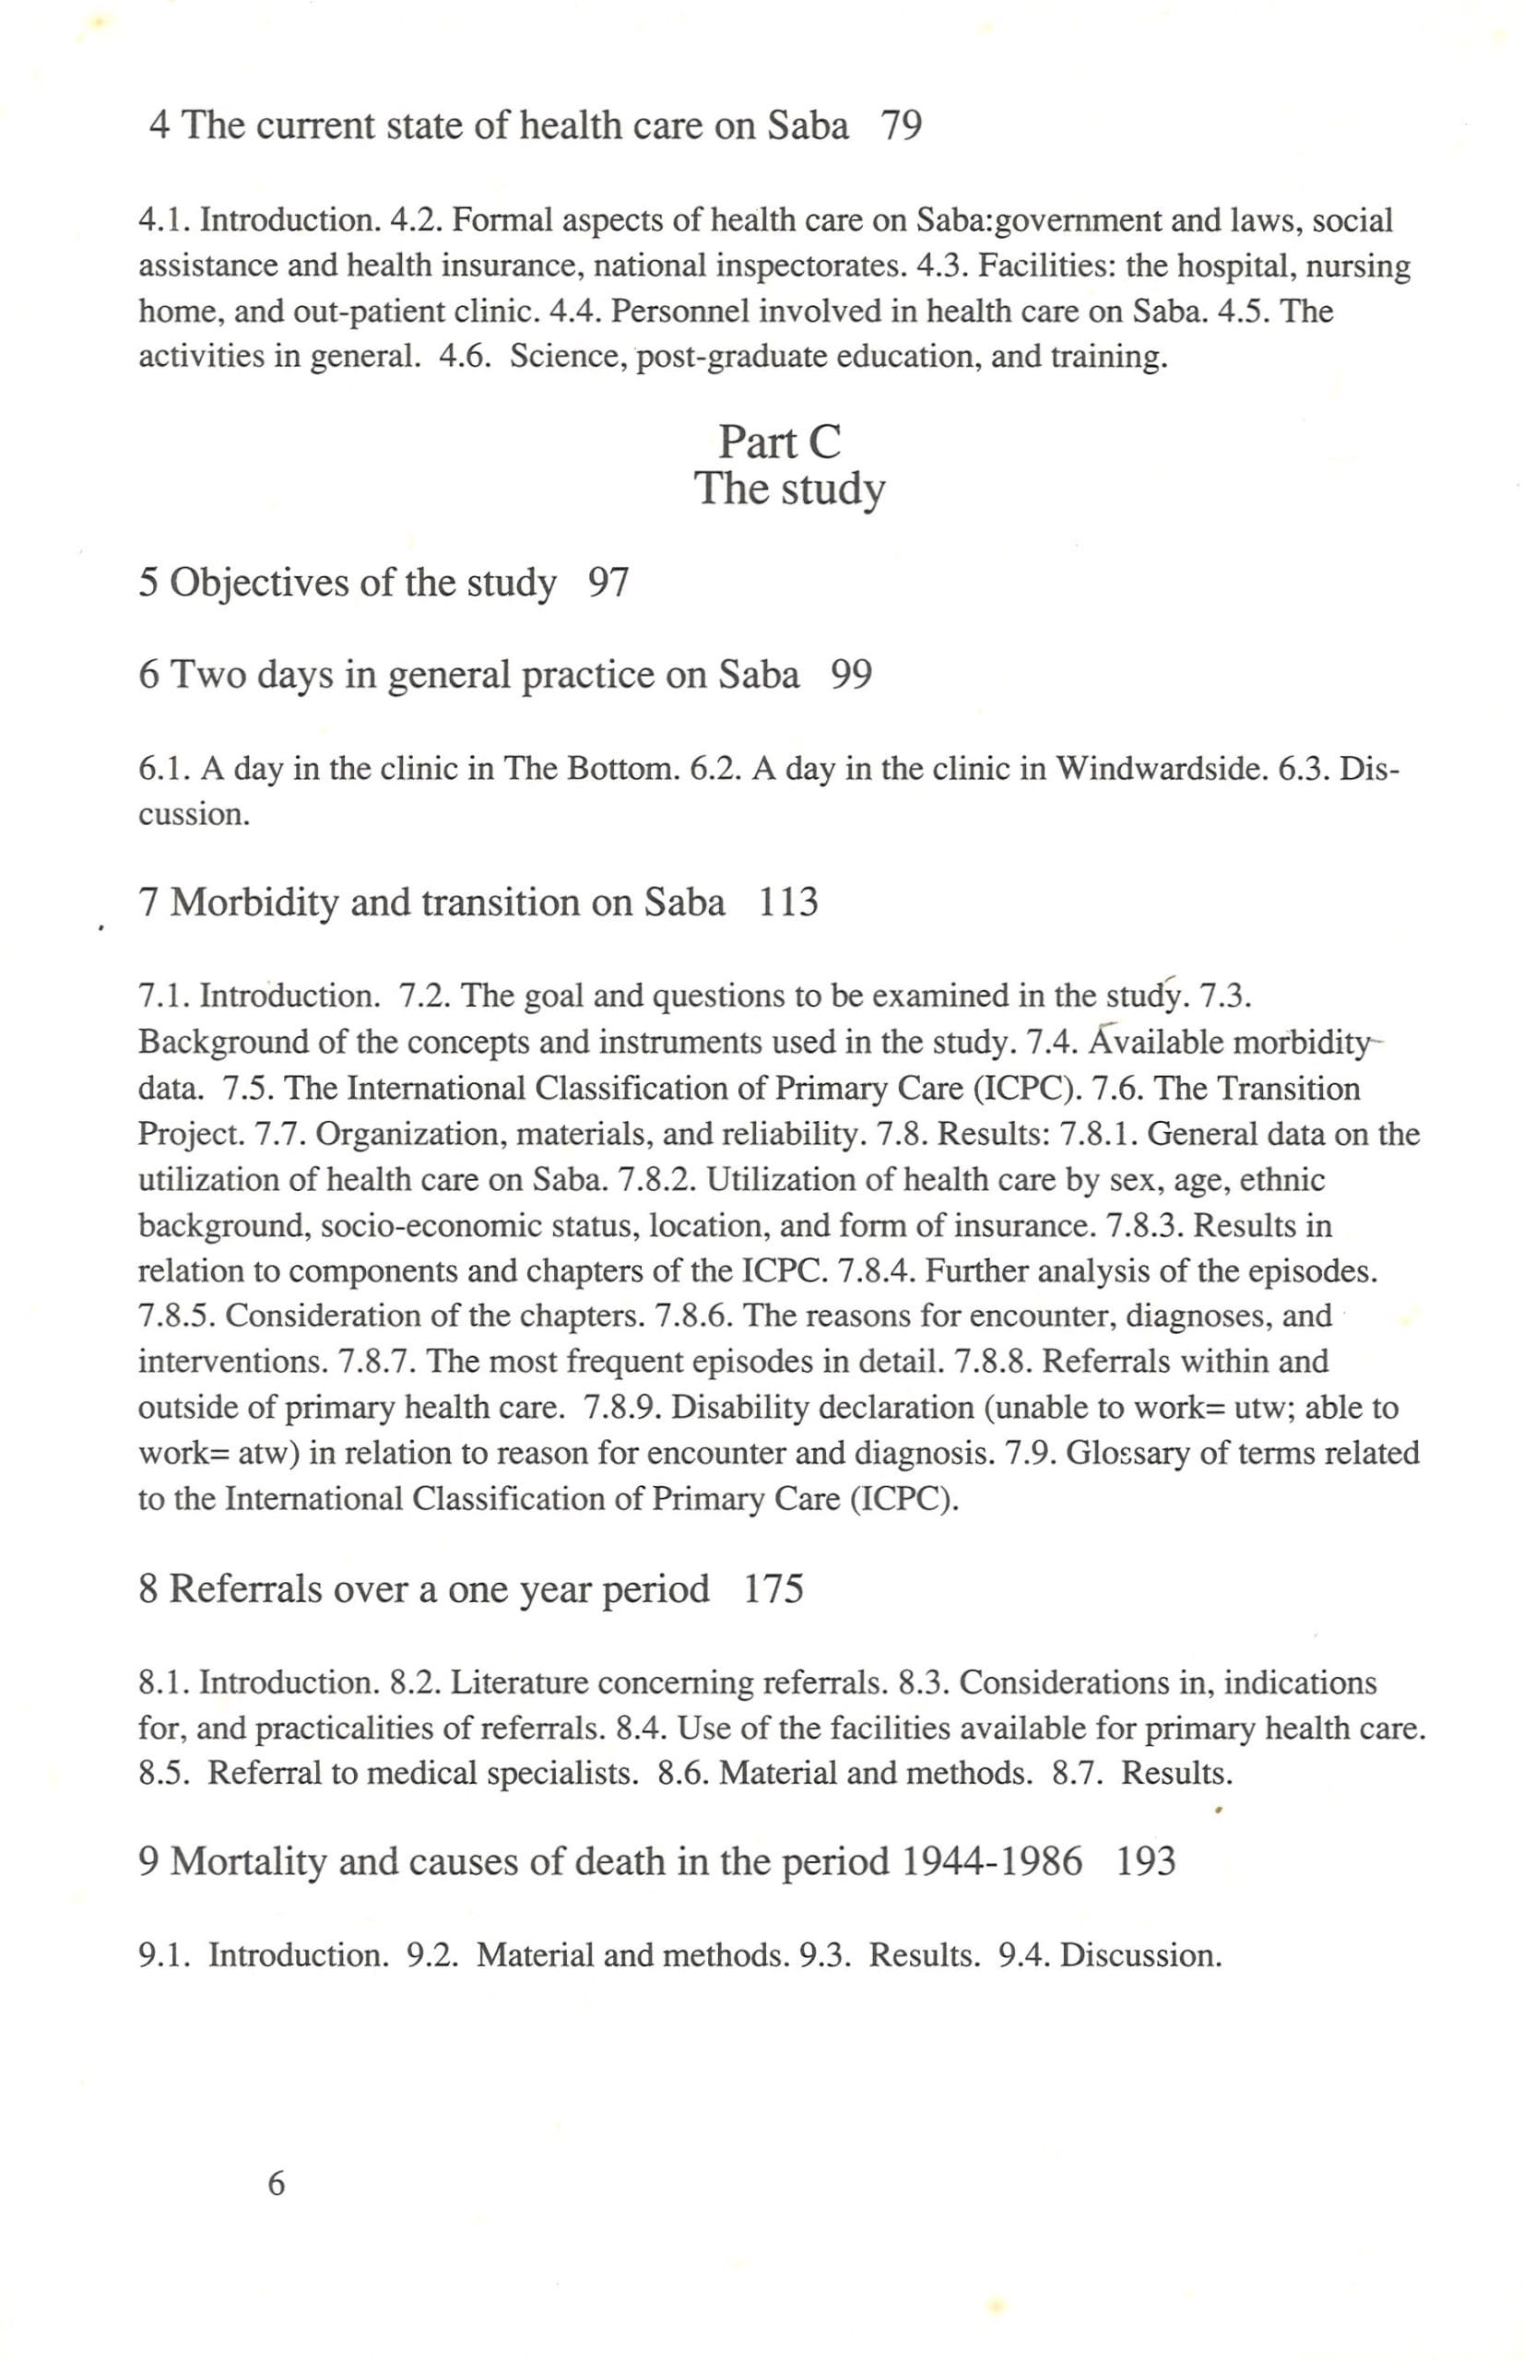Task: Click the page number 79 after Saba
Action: tap(900, 126)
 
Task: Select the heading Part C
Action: tap(779, 442)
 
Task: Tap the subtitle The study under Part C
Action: tap(788, 489)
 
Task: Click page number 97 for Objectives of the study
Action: tap(608, 583)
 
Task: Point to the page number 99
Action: tap(851, 676)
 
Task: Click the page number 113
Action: tap(788, 903)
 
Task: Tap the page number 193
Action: tap(1145, 1861)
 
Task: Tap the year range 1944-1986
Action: tap(992, 1861)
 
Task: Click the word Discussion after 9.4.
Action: tap(1140, 1954)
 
